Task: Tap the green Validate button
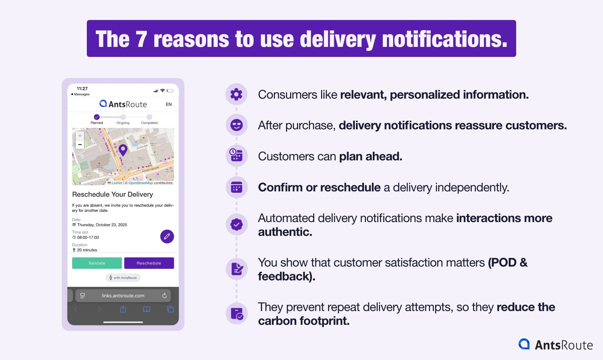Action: [97, 263]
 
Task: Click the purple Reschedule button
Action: [149, 263]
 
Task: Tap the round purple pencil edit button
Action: [167, 237]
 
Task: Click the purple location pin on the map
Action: [123, 150]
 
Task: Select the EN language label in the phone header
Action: [168, 104]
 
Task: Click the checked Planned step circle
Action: [97, 117]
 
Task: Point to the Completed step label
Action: [149, 123]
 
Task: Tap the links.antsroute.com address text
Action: [123, 296]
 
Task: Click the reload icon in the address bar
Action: [164, 296]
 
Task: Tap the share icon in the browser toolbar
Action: [123, 309]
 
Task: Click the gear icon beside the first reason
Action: [236, 94]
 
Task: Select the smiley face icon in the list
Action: [236, 125]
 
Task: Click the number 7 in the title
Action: [141, 39]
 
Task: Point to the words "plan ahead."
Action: [370, 157]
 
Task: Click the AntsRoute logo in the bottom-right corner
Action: [555, 344]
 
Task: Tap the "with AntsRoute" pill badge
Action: [123, 278]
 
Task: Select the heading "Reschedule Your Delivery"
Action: [113, 194]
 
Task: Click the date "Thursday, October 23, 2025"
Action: [102, 225]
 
